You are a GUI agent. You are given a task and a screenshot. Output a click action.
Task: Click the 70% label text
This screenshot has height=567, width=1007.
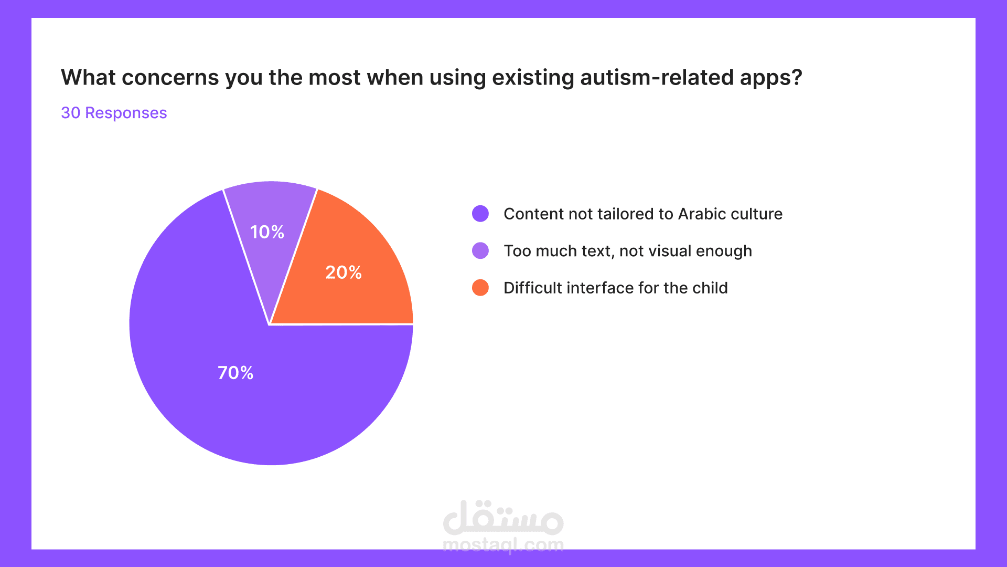[235, 373]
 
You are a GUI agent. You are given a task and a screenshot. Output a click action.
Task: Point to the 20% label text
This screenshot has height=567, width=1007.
[344, 272]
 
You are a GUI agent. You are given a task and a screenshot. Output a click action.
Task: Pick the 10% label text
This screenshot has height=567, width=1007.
[267, 232]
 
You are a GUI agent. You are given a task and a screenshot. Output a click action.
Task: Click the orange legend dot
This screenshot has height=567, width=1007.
[480, 288]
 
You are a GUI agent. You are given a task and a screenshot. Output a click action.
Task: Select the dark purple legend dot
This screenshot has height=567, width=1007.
[480, 214]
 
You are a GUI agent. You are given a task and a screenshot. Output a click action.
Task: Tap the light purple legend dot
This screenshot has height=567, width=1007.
[480, 251]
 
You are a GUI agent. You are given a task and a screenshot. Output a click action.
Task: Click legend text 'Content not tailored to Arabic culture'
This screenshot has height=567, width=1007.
[643, 214]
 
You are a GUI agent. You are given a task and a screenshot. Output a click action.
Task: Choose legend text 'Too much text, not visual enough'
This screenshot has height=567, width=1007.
[628, 251]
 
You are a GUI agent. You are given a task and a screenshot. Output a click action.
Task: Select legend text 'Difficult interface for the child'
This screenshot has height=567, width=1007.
[616, 288]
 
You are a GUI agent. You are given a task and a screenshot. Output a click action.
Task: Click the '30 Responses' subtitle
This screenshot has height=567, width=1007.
[114, 113]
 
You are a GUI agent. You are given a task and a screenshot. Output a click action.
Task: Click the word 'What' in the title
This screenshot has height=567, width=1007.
[89, 77]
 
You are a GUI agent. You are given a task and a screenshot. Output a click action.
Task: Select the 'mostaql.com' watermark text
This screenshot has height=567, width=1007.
[504, 545]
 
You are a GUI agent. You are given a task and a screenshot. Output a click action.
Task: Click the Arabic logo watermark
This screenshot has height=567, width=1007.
[504, 517]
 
